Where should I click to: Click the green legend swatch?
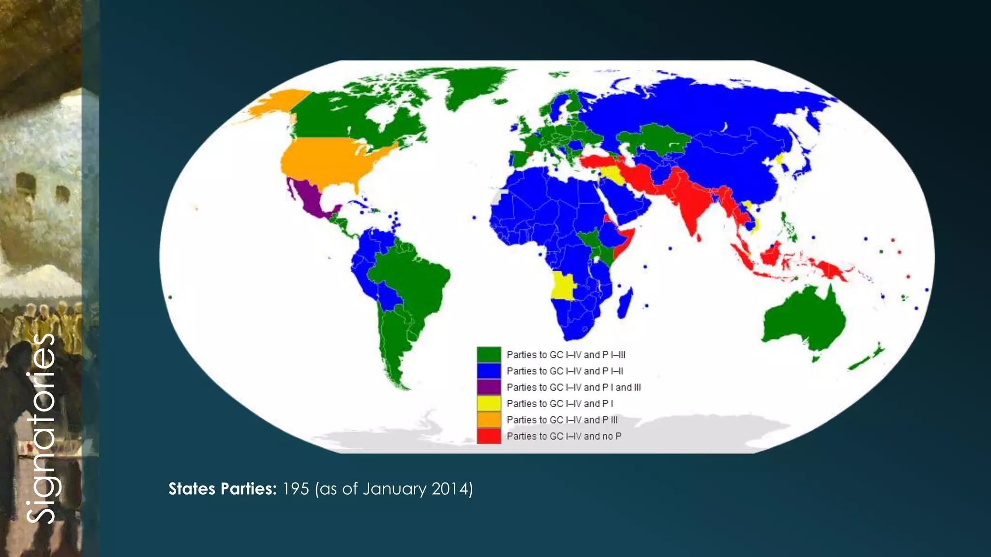489,354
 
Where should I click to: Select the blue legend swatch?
489,371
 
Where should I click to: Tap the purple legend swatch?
489,387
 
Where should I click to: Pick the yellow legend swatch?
489,403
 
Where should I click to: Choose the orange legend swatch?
489,420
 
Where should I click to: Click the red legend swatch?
489,436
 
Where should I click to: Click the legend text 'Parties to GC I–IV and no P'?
564,436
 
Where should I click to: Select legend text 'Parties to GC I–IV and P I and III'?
573,387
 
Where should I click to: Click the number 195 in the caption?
295,489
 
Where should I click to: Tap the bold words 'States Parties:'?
222,489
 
